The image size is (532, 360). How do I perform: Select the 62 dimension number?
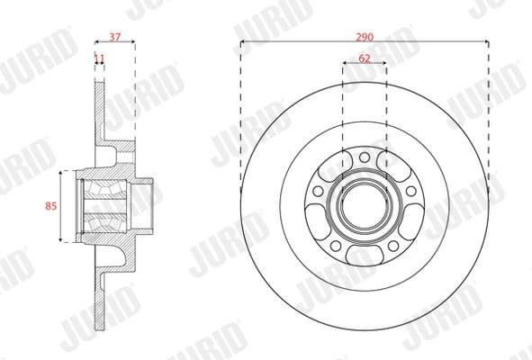tap(364, 58)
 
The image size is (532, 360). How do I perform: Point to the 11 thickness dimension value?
tap(99, 58)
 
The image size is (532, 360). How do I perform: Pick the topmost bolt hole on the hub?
tap(364, 159)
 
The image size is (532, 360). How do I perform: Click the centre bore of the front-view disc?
tap(364, 206)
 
